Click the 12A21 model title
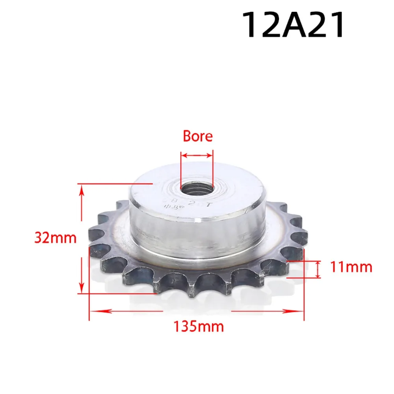point(294,25)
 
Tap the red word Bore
point(197,136)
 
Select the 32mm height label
point(55,238)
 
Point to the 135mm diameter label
point(199,326)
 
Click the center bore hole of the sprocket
point(197,186)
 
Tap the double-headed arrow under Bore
point(197,155)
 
